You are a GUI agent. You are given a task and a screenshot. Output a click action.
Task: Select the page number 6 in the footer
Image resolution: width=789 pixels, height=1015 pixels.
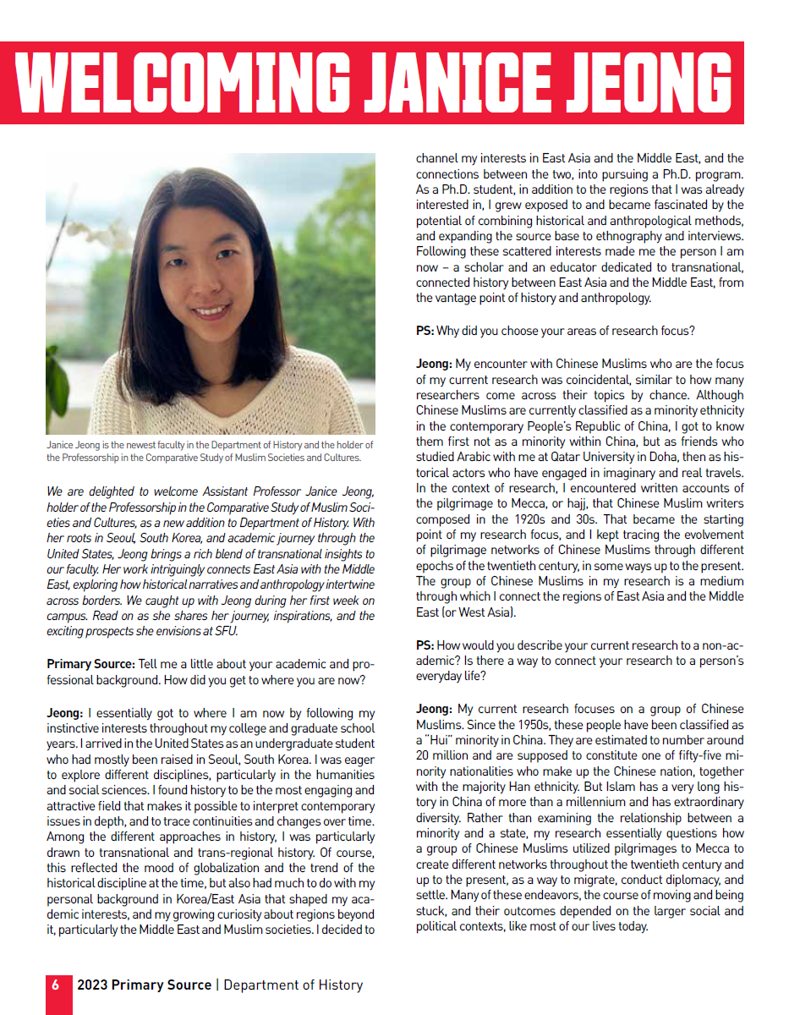56,985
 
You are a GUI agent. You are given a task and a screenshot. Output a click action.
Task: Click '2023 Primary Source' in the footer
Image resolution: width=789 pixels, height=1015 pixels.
144,985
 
